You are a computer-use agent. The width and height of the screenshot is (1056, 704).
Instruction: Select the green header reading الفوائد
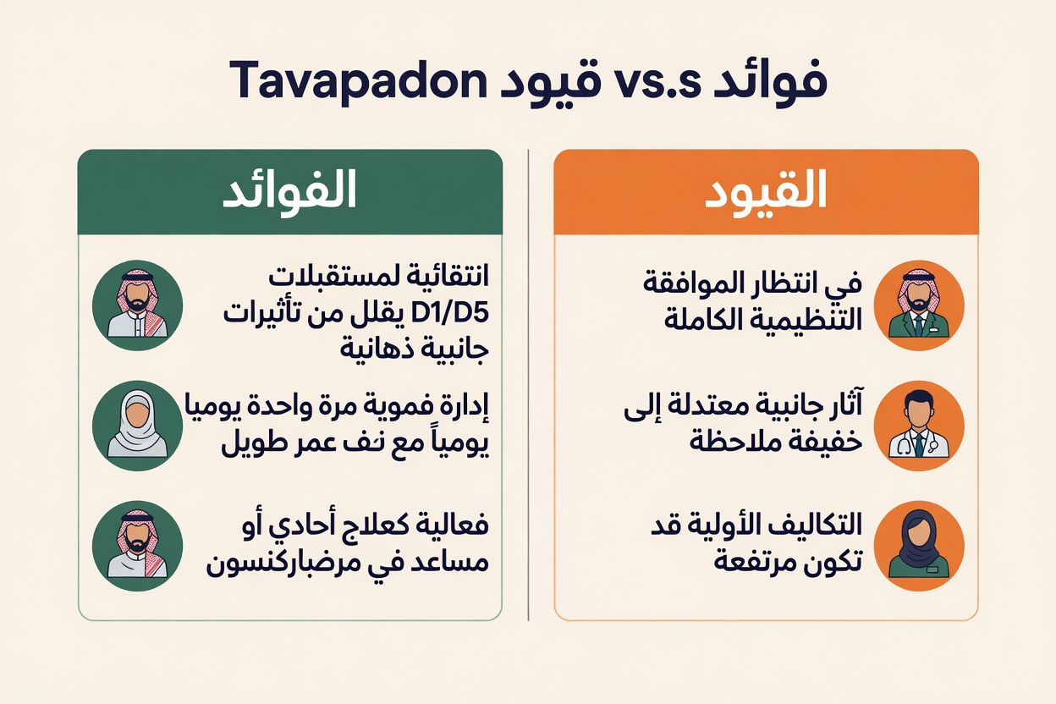point(290,193)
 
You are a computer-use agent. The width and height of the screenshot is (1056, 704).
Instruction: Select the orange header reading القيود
point(766,193)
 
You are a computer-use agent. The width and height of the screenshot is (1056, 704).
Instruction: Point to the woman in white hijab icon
point(137,425)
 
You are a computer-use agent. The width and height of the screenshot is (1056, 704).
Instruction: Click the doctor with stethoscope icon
point(919,425)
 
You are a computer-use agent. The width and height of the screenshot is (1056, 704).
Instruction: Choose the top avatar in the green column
point(137,305)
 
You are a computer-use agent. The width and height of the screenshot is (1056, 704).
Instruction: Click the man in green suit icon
point(919,305)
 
